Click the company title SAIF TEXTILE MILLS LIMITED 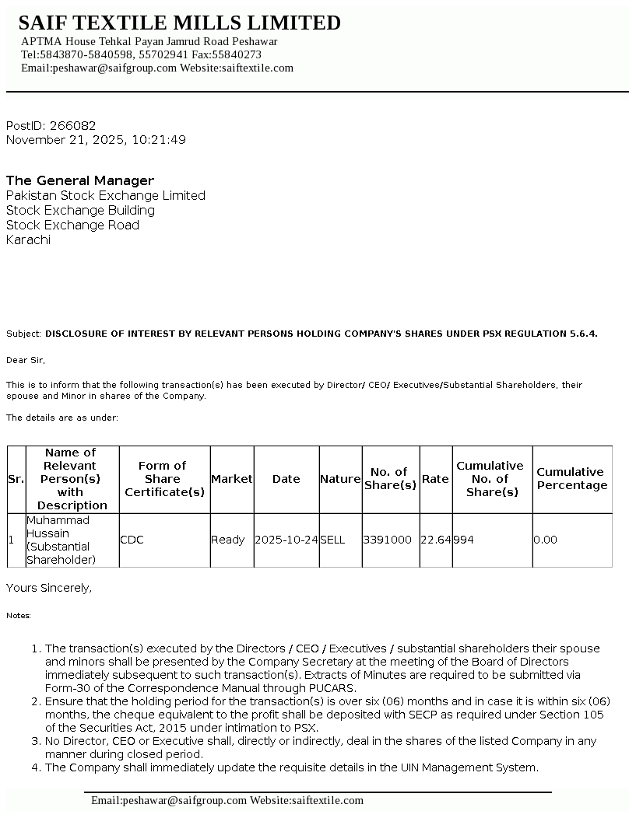[179, 23]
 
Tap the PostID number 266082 [72, 126]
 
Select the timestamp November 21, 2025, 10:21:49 [96, 140]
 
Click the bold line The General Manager [80, 180]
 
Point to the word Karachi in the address [28, 239]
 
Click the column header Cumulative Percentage [571, 479]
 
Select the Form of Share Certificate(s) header [164, 479]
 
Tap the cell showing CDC [132, 540]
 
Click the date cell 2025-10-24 [286, 540]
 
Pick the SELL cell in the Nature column [332, 540]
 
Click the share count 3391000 [388, 540]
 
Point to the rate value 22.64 [435, 540]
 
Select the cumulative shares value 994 [464, 540]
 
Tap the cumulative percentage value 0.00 [545, 540]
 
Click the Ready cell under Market [227, 540]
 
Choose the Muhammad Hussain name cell [58, 540]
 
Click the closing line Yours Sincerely [49, 588]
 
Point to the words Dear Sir [26, 360]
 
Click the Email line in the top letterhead [157, 68]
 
